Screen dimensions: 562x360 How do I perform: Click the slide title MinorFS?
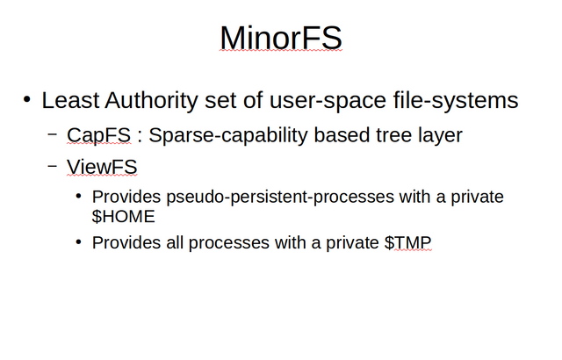coord(281,38)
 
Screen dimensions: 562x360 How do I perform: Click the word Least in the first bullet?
coord(70,100)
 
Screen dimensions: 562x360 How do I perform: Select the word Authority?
coord(151,101)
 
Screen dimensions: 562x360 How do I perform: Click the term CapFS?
coord(98,135)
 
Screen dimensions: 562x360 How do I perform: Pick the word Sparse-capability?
coord(228,136)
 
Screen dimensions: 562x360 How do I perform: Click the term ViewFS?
coord(102,167)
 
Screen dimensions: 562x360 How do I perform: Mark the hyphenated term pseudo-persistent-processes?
coord(280,198)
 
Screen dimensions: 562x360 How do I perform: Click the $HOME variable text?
coord(123,216)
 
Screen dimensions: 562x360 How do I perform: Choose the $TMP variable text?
coord(407,242)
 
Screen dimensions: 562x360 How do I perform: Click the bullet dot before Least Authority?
coord(27,99)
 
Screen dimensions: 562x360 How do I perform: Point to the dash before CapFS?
coord(53,134)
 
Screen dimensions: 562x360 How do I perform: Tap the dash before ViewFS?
coord(53,166)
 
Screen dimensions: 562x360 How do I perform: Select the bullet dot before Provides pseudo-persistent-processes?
coord(79,196)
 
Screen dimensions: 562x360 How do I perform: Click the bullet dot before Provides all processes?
coord(79,241)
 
